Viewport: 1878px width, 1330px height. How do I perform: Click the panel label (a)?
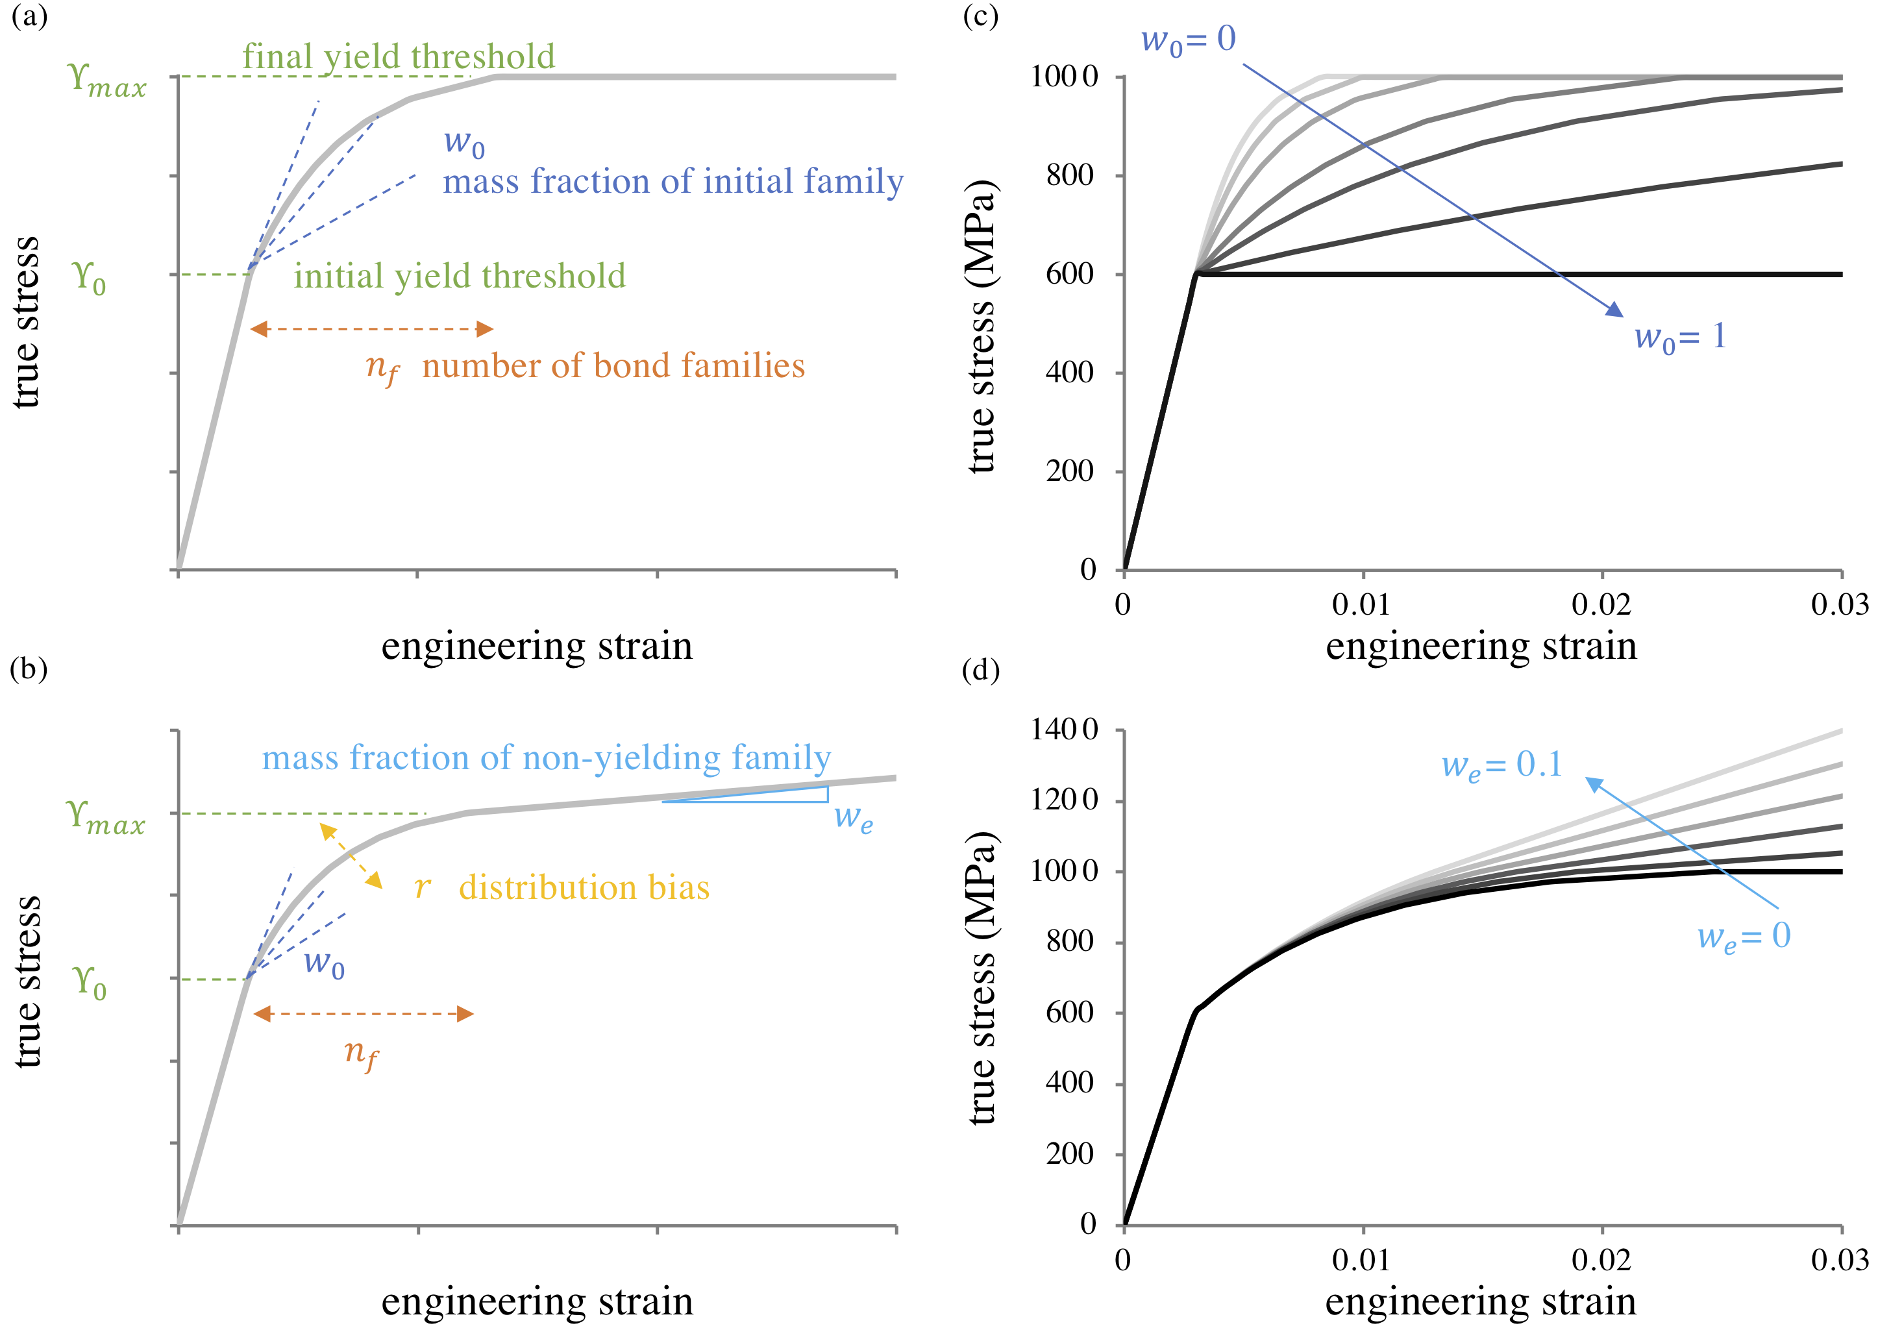pos(29,16)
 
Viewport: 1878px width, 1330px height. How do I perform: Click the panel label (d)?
pos(980,670)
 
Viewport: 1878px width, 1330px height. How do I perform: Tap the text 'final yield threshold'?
pos(398,56)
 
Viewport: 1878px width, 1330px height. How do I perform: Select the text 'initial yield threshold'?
pos(460,276)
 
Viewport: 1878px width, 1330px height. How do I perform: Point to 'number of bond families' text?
pos(613,366)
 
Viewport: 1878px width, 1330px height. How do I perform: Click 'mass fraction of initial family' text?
pos(673,181)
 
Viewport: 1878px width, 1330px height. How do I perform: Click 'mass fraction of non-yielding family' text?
pos(545,757)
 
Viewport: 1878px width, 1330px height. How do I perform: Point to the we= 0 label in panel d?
pos(1743,936)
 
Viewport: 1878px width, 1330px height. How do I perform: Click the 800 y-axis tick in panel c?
pos(1070,175)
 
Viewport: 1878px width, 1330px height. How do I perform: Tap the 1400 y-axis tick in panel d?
pos(1063,730)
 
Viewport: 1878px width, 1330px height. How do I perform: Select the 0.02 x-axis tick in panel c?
pos(1601,604)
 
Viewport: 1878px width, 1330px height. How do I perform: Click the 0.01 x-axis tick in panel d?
pos(1361,1259)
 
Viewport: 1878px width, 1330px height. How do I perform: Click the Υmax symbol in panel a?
pos(107,80)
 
